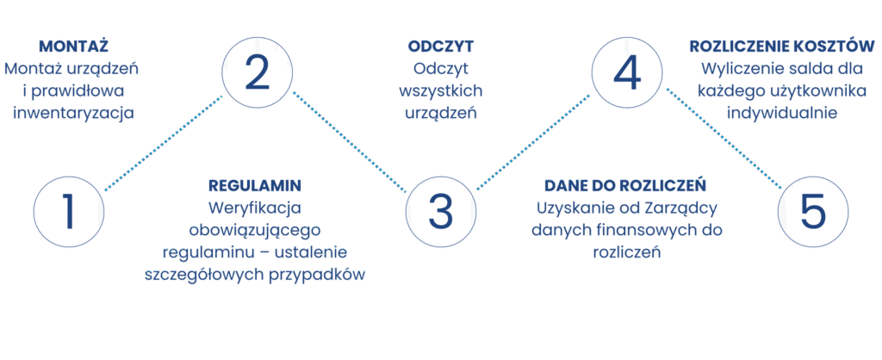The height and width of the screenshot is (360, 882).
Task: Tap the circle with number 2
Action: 257,72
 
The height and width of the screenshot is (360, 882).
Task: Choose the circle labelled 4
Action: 627,72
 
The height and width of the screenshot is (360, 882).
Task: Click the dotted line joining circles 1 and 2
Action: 164,143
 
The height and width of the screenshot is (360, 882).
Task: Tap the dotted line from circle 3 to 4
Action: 534,143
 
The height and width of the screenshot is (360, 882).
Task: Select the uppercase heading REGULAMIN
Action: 256,185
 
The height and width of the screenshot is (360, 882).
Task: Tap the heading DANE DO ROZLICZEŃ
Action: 626,185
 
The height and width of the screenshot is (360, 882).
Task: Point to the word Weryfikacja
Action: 256,208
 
